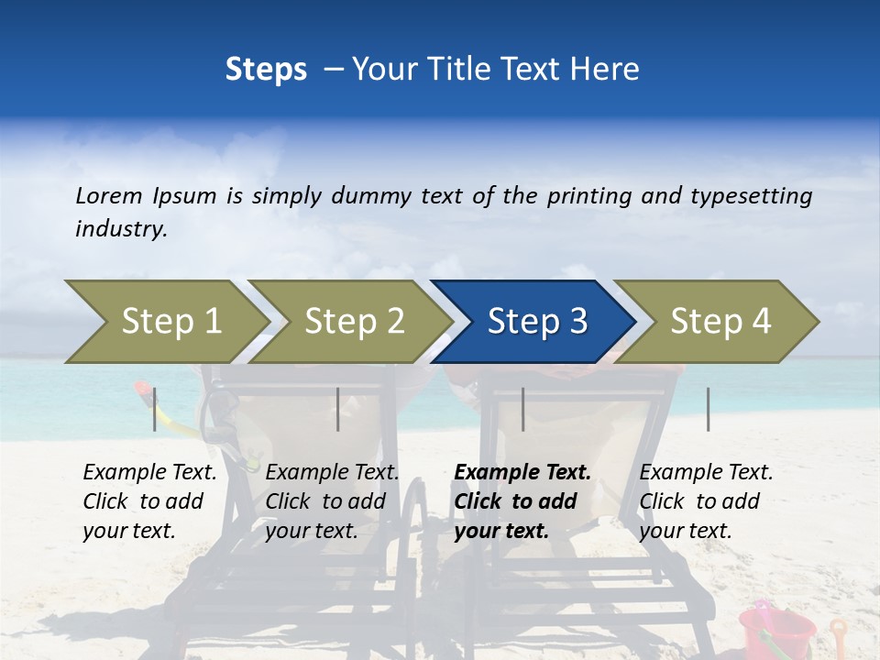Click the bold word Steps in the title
coord(266,69)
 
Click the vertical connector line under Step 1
coord(155,409)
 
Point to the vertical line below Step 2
coord(338,409)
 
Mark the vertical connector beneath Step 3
coord(522,409)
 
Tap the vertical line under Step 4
coord(709,409)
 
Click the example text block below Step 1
coord(149,501)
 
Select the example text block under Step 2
coord(332,501)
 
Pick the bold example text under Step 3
coord(522,501)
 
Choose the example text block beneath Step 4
coord(706,501)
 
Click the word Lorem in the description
coord(109,195)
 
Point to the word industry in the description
coord(121,228)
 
